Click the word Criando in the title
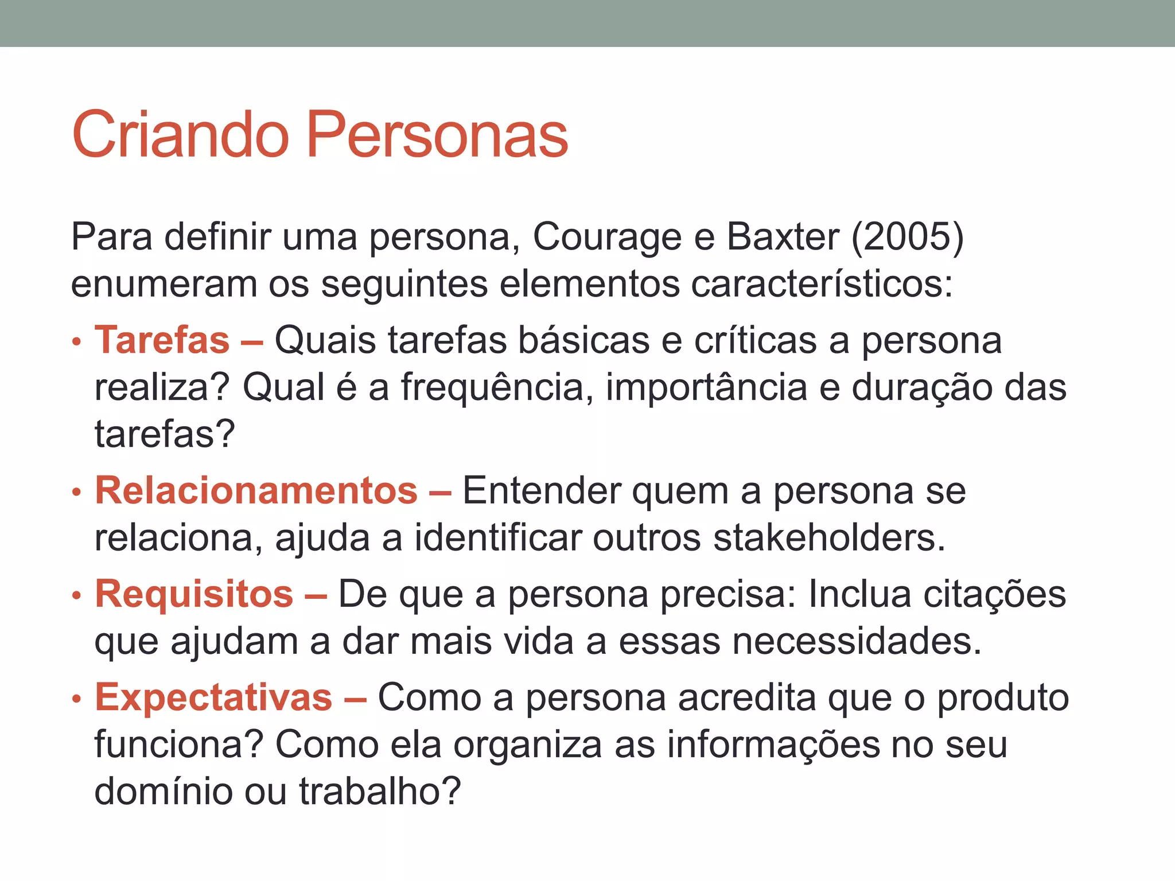[x=180, y=135]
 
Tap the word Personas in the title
[x=437, y=135]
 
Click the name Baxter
[x=783, y=236]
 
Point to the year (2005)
[x=907, y=236]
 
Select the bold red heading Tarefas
[x=162, y=340]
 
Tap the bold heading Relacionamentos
[x=256, y=491]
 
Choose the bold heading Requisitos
[x=194, y=594]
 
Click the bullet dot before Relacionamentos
[x=77, y=493]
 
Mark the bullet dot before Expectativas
[x=77, y=699]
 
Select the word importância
[x=706, y=387]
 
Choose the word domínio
[x=163, y=792]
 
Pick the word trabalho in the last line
[x=380, y=792]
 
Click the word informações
[x=773, y=744]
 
